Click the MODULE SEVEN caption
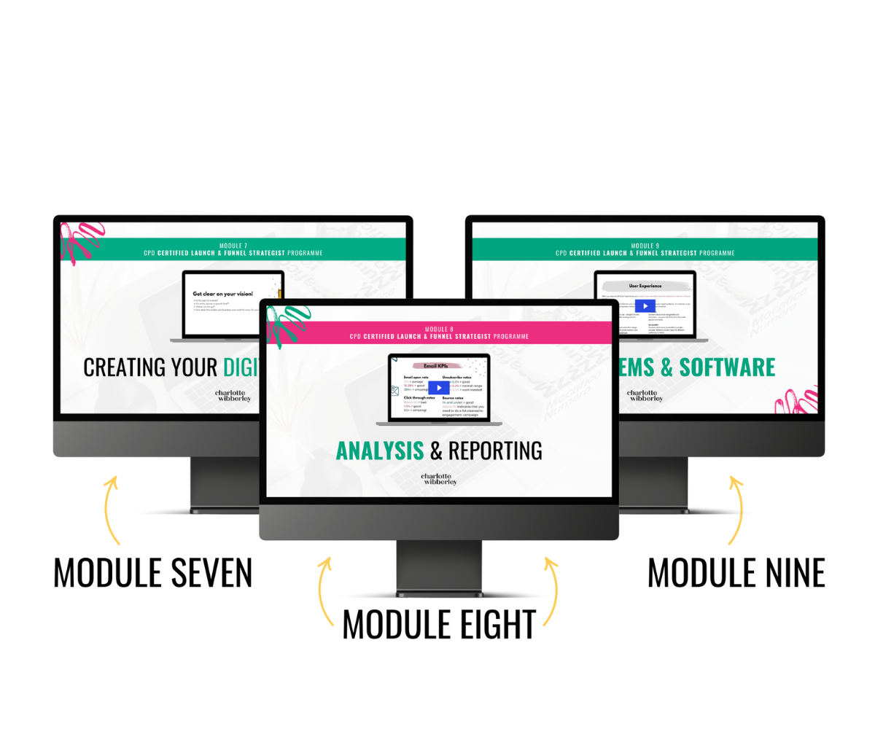click(153, 573)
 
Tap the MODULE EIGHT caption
click(439, 625)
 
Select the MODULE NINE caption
click(736, 573)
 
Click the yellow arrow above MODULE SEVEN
click(111, 510)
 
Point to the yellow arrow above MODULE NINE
click(736, 510)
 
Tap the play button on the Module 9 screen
click(645, 306)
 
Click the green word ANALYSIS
click(379, 451)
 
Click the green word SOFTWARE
click(727, 367)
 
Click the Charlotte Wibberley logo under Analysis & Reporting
click(439, 478)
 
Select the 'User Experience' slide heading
click(645, 286)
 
